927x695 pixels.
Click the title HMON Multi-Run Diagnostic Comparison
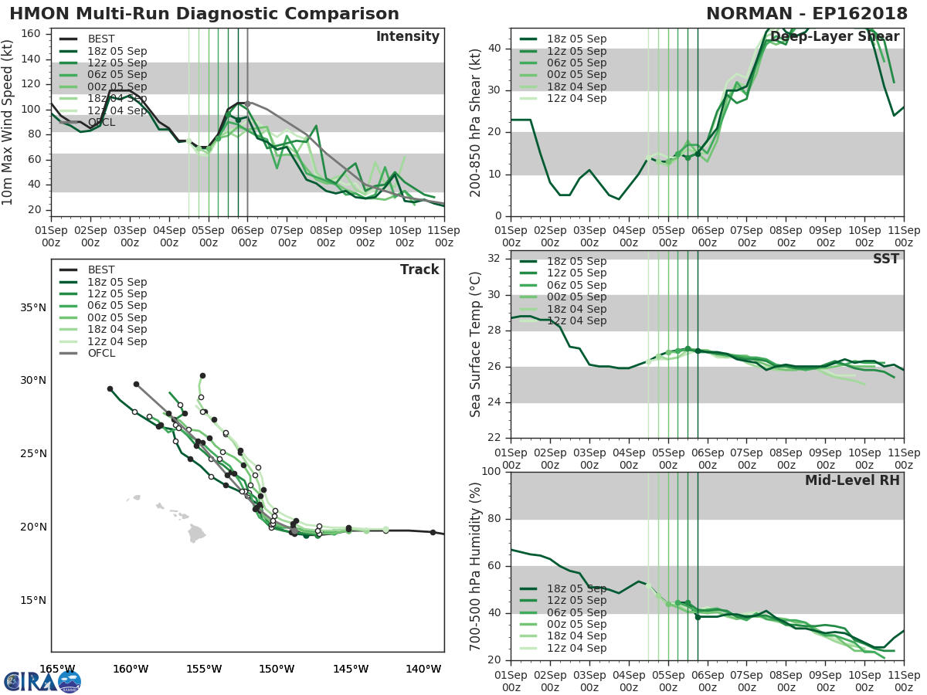204,14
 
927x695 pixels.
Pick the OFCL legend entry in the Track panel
100,354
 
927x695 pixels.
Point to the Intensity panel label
407,37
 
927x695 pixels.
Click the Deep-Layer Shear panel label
834,37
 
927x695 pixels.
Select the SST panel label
885,259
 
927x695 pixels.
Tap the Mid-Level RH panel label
852,481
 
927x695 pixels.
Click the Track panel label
419,270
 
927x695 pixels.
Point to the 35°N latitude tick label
33,308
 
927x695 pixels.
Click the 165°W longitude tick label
57,669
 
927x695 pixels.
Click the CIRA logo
42,681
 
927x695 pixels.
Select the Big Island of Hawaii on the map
197,533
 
